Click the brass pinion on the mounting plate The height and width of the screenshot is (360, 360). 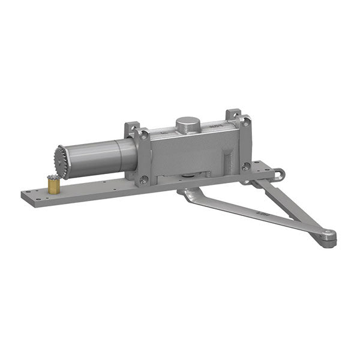tap(54, 185)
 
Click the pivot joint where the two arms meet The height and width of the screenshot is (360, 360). tap(327, 236)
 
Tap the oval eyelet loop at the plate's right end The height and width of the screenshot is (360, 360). tap(280, 175)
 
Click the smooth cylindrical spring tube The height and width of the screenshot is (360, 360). tap(96, 157)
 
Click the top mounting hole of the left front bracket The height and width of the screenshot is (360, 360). tap(144, 137)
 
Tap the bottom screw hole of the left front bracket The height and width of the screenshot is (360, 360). tap(143, 179)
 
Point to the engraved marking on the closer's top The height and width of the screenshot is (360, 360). tap(215, 127)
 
